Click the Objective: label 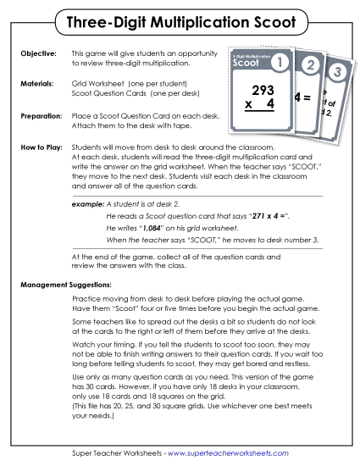(x=37, y=53)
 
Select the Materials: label (x=36, y=86)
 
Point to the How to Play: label (x=41, y=147)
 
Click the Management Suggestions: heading (x=69, y=283)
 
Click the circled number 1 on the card (x=281, y=63)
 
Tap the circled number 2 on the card (x=310, y=68)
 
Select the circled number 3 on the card (x=336, y=71)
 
